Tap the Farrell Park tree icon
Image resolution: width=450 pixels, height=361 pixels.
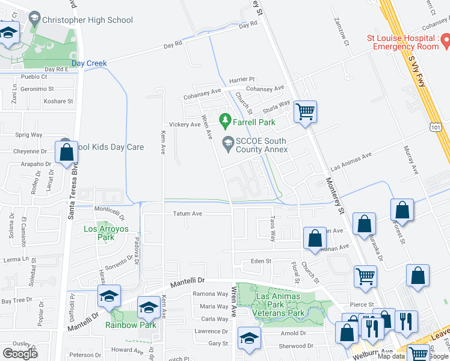(226, 122)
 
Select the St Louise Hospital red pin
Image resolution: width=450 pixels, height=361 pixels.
(446, 41)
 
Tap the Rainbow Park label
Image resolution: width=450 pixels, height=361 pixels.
(131, 325)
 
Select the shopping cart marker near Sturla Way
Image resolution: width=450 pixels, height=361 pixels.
(306, 112)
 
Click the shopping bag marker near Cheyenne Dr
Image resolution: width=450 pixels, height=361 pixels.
(67, 152)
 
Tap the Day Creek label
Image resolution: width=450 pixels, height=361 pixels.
(89, 63)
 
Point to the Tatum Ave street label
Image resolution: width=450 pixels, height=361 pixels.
(188, 214)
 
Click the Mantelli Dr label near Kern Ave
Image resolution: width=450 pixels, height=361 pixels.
(188, 281)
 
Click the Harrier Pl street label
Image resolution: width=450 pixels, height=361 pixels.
(242, 79)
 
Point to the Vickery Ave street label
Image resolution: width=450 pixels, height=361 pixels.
(184, 125)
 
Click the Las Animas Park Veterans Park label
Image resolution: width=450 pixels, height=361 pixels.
(280, 304)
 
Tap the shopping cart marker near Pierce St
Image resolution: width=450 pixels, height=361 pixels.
(365, 277)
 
